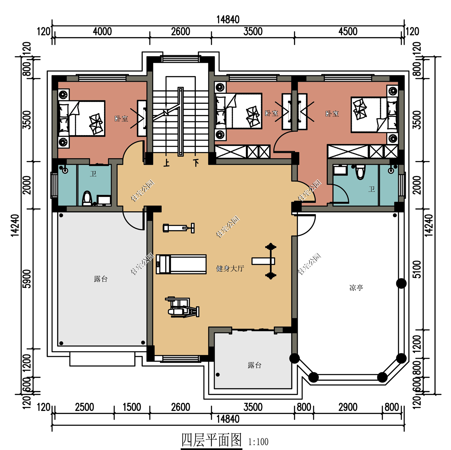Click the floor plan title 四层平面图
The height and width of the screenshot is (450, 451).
212,440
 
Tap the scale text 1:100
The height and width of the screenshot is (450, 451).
258,442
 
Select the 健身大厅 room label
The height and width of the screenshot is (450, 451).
230,268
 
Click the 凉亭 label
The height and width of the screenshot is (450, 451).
356,288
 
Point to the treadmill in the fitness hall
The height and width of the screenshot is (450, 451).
181,264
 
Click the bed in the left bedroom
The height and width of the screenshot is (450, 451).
82,118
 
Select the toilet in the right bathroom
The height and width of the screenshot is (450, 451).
360,172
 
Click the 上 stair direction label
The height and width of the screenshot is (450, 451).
166,163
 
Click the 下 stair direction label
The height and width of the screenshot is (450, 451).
196,163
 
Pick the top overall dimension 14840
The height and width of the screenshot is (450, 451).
228,20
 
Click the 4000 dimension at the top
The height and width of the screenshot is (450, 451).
102,32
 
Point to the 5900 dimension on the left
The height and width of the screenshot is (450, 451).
27,279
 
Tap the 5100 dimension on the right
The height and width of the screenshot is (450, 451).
417,269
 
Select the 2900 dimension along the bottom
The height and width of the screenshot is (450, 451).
348,407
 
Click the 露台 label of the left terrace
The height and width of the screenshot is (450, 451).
101,279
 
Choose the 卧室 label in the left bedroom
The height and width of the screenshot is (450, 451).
121,119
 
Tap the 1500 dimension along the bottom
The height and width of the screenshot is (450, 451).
132,407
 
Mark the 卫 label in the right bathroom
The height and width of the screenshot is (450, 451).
372,189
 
